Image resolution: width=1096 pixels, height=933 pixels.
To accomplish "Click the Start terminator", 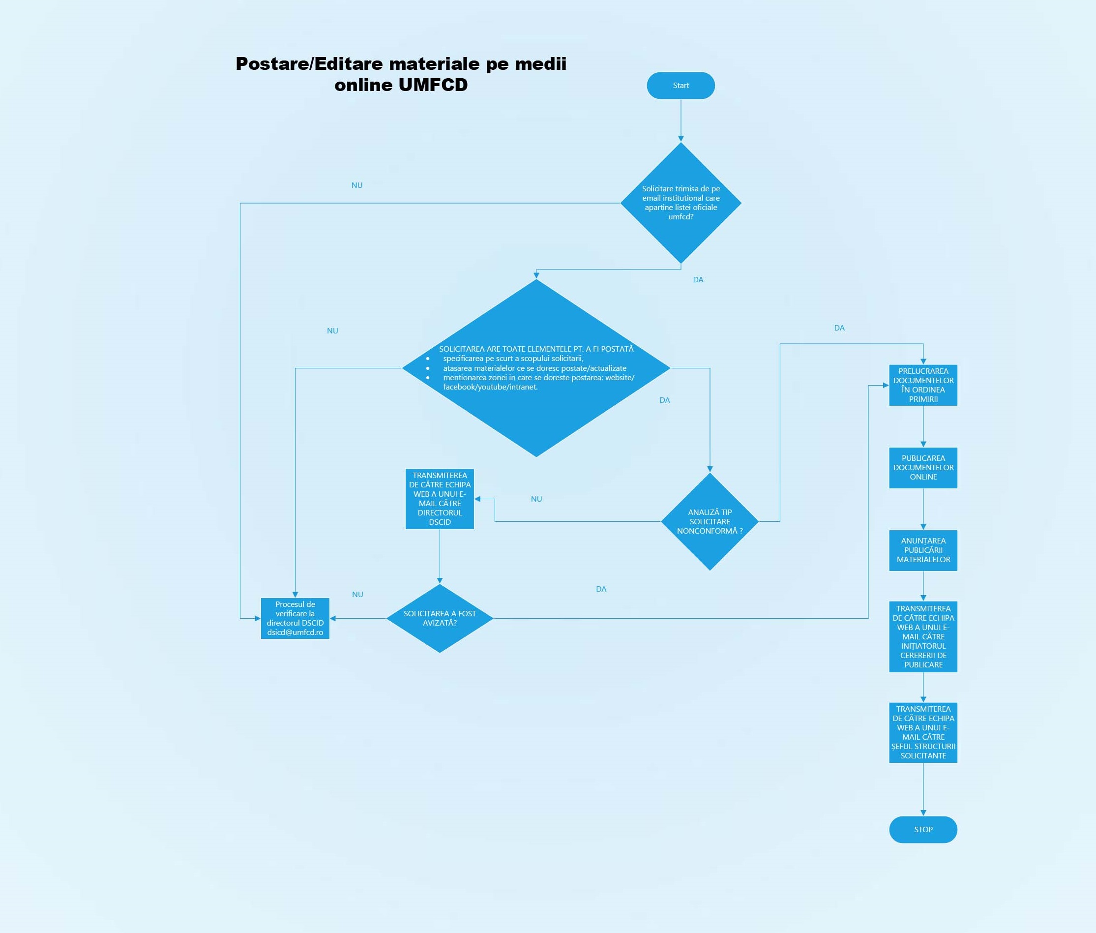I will click(x=681, y=86).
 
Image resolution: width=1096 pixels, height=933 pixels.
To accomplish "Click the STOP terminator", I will click(x=922, y=829).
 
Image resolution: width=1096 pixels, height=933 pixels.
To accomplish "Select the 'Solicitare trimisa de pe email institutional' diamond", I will click(x=681, y=203).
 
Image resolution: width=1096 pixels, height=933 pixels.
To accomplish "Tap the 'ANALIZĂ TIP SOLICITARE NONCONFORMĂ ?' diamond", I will click(x=710, y=521).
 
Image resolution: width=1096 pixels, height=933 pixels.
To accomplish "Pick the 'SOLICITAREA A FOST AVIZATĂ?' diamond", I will click(x=440, y=618).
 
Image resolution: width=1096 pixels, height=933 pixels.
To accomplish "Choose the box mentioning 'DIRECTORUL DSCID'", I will click(x=440, y=499).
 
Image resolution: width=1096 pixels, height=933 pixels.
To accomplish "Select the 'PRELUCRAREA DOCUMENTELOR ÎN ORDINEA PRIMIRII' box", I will click(x=922, y=385).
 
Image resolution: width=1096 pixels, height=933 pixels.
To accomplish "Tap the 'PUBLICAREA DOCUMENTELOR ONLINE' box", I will click(x=922, y=468).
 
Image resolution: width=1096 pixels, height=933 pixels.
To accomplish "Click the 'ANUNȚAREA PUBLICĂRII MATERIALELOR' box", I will click(x=922, y=550).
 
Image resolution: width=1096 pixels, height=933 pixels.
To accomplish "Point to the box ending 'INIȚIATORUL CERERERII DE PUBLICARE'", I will click(x=922, y=637).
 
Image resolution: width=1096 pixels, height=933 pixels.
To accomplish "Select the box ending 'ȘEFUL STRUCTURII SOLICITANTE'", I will click(x=922, y=732).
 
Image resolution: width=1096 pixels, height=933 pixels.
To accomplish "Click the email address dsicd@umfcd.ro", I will click(x=295, y=632).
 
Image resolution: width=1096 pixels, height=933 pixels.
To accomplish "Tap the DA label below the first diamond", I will click(x=698, y=280).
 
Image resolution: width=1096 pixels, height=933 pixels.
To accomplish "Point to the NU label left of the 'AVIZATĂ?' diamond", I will click(x=357, y=595).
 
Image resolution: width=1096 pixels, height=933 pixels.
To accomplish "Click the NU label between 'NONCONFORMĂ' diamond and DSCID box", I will click(x=536, y=499).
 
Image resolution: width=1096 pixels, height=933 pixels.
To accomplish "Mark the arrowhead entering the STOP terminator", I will click(x=923, y=813).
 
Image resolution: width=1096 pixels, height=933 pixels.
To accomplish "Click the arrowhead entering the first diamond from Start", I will click(x=681, y=139).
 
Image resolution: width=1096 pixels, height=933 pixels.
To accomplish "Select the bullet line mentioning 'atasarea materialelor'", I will click(x=534, y=368).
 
